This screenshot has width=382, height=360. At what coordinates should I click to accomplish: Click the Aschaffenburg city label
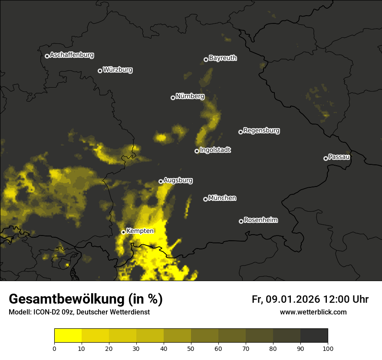[x=72, y=55]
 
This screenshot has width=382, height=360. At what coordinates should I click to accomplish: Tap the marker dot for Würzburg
[x=100, y=71]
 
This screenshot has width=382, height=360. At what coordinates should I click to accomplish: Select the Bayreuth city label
[x=223, y=58]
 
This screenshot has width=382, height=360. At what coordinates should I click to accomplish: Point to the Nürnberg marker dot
[x=173, y=98]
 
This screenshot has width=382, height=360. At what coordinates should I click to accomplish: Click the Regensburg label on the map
[x=261, y=131]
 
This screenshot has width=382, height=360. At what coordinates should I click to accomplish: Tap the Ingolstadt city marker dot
[x=197, y=151]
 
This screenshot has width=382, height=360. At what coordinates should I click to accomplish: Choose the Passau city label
[x=339, y=157]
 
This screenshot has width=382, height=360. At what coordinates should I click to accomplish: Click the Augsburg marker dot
[x=161, y=181]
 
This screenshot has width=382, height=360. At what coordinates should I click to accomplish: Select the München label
[x=222, y=198]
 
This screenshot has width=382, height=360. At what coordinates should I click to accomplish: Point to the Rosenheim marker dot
[x=241, y=222]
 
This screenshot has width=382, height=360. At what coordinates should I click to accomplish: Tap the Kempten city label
[x=140, y=231]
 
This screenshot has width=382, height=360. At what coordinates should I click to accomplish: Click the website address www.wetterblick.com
[x=313, y=312]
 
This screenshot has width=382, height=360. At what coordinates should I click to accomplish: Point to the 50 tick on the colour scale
[x=191, y=348]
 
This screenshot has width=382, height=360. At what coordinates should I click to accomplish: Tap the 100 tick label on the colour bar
[x=328, y=348]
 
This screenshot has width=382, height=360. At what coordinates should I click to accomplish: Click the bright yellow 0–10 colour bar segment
[x=68, y=336]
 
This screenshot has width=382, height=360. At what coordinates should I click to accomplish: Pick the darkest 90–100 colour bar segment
[x=314, y=336]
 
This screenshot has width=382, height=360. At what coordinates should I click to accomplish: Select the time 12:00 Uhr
[x=346, y=299]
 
